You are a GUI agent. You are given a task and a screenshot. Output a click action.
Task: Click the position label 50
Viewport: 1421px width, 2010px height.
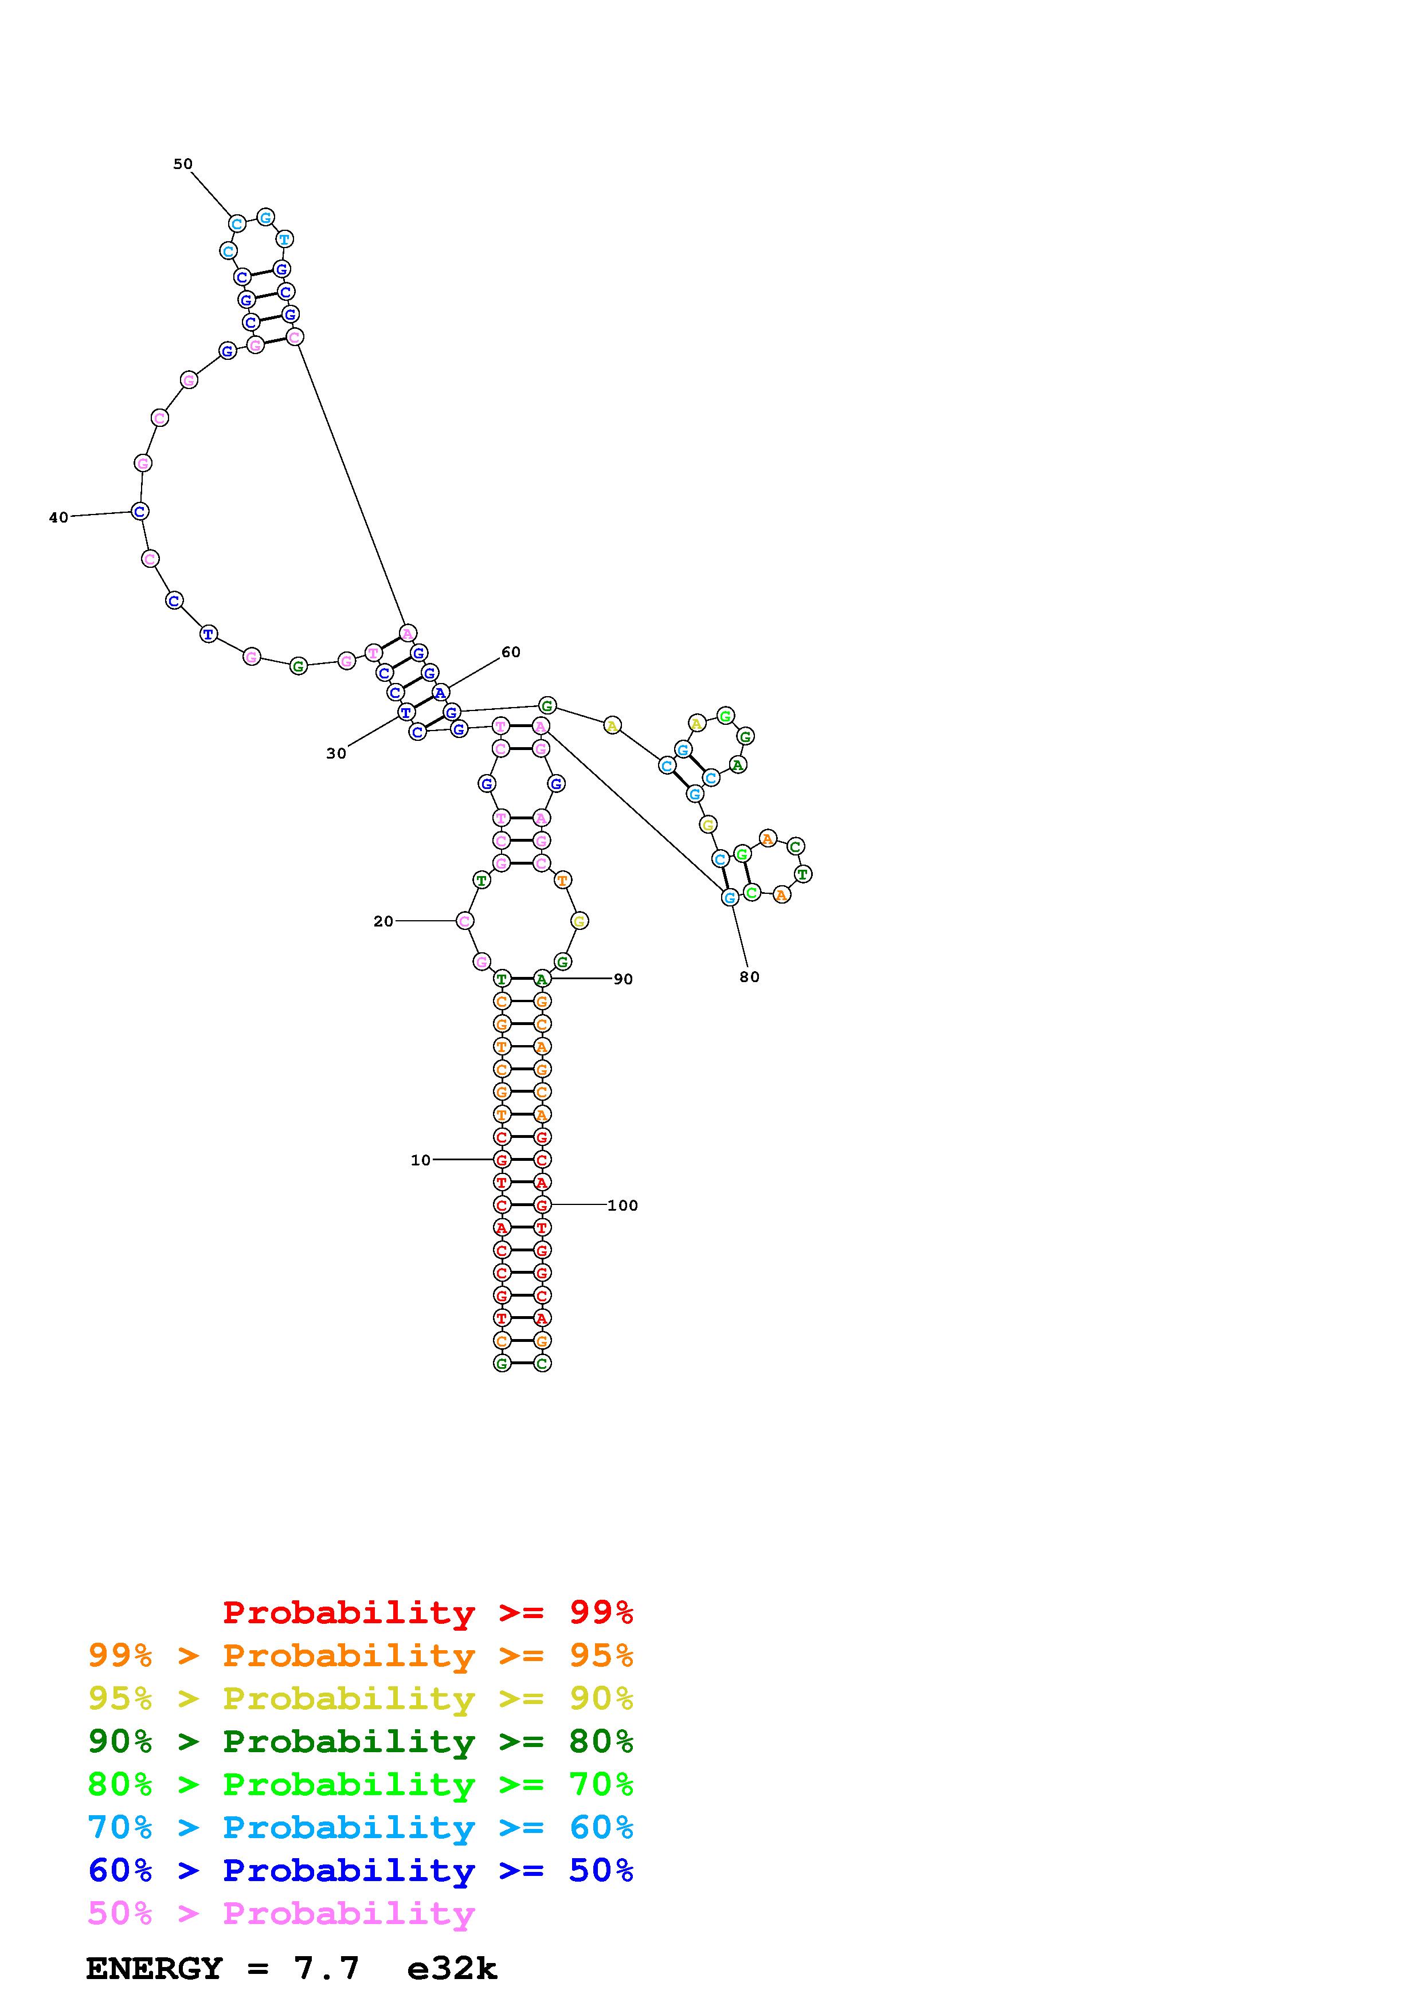(x=182, y=164)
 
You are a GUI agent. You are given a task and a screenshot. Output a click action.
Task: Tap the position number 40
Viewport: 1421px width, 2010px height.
(x=58, y=517)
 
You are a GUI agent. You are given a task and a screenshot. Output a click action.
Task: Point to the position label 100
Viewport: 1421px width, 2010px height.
(x=623, y=1206)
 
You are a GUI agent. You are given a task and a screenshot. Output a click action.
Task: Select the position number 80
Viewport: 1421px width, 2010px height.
(x=749, y=977)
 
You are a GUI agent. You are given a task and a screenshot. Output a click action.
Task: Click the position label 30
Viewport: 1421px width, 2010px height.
(x=336, y=754)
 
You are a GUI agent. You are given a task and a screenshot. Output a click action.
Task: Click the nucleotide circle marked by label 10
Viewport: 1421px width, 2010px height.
(x=502, y=1160)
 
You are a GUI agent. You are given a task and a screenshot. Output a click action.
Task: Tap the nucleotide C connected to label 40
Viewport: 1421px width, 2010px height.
(x=140, y=511)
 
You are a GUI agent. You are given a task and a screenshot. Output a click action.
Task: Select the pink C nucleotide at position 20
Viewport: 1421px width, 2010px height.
(x=465, y=921)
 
